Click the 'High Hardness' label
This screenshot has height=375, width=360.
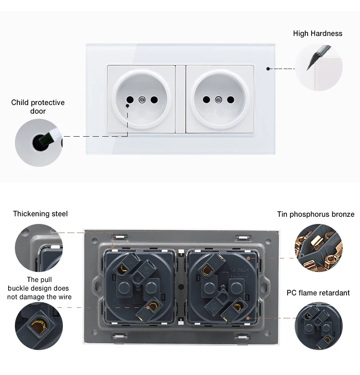[x=318, y=34]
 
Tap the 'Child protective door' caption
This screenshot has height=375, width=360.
[x=38, y=107]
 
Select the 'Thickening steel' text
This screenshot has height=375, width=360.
[x=40, y=214]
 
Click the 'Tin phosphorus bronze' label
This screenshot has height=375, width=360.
[x=315, y=214]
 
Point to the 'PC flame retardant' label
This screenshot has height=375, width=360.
[x=318, y=293]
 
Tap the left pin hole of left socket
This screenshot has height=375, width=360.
[x=129, y=100]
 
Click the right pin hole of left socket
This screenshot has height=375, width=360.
[x=154, y=100]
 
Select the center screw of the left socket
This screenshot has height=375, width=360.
[x=142, y=100]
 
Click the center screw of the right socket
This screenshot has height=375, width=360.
[x=218, y=100]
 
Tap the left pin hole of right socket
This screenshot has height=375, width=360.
[x=206, y=100]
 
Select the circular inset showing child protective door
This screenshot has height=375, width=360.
[x=38, y=142]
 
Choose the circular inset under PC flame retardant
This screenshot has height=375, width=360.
[x=318, y=326]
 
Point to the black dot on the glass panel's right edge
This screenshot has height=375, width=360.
[x=268, y=69]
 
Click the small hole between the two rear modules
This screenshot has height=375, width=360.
[x=180, y=287]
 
